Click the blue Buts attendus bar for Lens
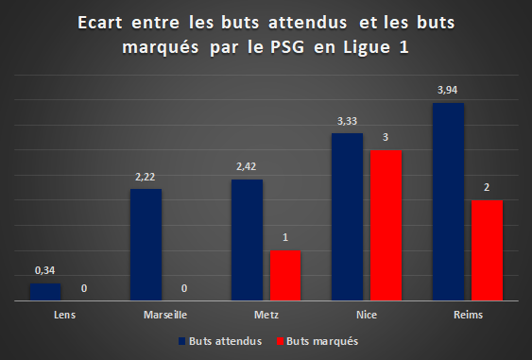coord(45,292)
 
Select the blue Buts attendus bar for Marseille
coord(146,245)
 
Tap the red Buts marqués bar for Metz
coord(285,276)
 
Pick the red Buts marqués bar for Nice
coord(386,225)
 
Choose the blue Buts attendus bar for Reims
coord(448,201)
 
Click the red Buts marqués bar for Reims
coord(487,250)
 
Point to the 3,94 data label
coord(447,90)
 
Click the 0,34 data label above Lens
coord(44,270)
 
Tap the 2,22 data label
coord(145,177)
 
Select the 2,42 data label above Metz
coord(246,166)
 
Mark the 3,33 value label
coord(347,121)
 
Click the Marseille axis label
coord(165,315)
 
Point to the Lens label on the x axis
coord(65,315)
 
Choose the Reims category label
coord(468,315)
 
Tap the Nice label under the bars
coord(367,315)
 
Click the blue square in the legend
coord(181,341)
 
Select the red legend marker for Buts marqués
coord(280,341)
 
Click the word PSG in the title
coord(287,47)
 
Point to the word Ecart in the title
coord(100,23)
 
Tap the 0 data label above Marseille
coord(184,288)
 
